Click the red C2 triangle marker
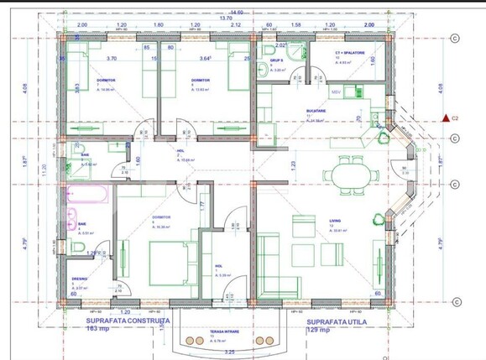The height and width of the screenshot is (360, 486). (445, 118)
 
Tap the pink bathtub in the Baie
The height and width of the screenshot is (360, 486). (86, 198)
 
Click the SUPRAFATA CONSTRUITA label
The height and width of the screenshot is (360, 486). (128, 321)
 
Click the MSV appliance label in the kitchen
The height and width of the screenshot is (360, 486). (335, 91)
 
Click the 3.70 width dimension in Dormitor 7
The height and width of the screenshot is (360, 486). (112, 59)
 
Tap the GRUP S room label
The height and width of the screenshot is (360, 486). (276, 60)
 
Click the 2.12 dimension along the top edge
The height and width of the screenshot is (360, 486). (235, 25)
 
